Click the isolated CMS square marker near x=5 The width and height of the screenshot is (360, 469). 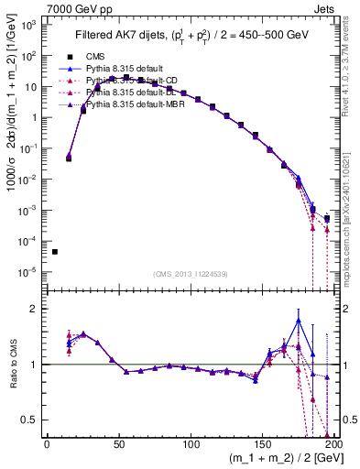click(x=55, y=252)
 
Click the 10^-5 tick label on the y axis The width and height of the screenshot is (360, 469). click(x=29, y=272)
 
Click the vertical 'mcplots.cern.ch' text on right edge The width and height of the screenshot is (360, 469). click(x=352, y=229)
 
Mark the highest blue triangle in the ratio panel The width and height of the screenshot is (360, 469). click(x=299, y=320)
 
